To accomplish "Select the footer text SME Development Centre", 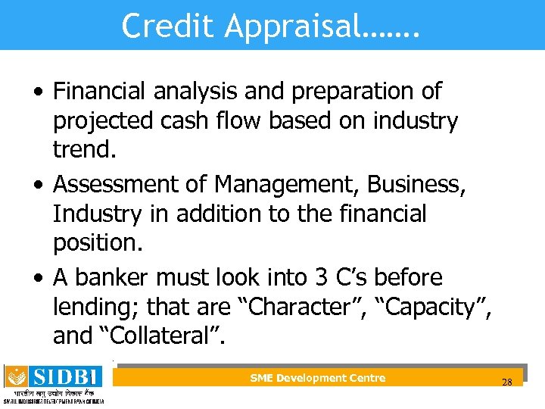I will pos(317,378).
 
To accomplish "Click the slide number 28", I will pos(506,382).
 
